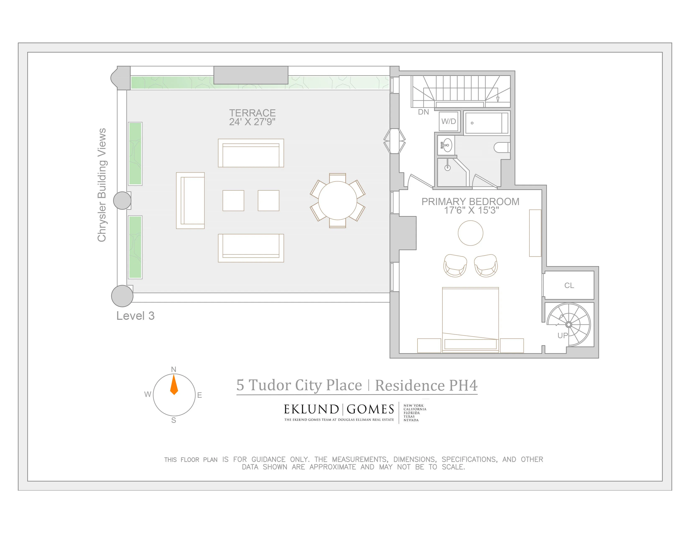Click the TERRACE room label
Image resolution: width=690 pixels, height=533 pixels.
[x=252, y=113]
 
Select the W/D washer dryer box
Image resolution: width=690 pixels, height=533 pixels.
[x=448, y=121]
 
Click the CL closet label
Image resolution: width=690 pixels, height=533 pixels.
[x=569, y=286]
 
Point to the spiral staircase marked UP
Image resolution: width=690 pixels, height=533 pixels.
[x=569, y=325]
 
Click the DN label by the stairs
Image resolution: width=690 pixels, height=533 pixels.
[x=423, y=112]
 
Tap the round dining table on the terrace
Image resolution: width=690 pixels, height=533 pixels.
[x=337, y=200]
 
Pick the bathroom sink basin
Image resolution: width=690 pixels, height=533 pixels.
[x=447, y=145]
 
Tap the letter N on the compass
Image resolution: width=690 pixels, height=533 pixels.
[x=174, y=369]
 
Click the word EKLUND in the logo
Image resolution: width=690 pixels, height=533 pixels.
[x=311, y=409]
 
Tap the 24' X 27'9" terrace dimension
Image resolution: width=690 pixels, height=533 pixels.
[x=252, y=122]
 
